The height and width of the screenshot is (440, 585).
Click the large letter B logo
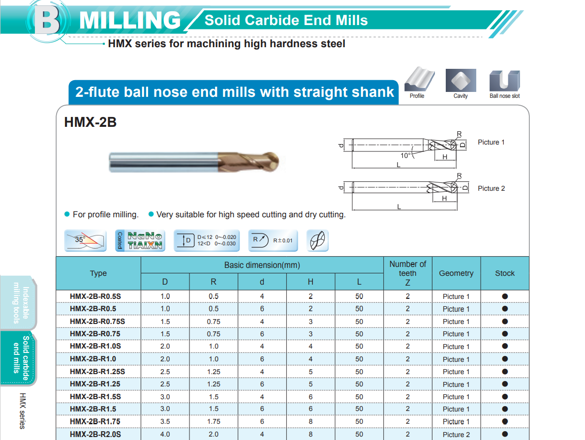coord(47,21)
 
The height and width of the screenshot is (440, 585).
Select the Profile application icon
coord(419,80)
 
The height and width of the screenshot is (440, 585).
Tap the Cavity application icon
coord(461,80)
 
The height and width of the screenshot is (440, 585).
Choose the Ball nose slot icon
coord(504,81)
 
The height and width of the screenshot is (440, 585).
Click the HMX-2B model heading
coord(91,122)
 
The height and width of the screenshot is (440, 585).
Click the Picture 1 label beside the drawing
coord(491,142)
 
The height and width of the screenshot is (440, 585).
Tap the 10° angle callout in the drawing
coord(405,155)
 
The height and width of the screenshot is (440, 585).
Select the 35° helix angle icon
coord(86,240)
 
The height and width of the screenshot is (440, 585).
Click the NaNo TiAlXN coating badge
coord(140,240)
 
